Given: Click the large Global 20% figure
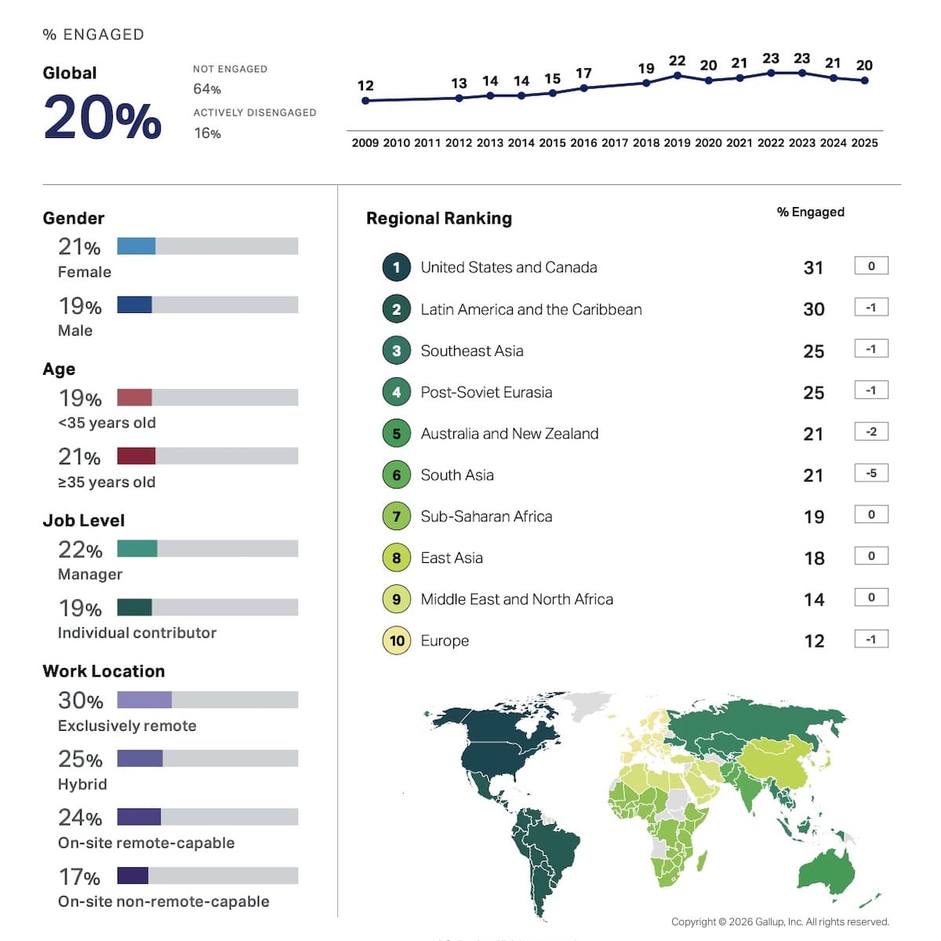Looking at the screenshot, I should (x=103, y=118).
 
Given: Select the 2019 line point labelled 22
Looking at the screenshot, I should (x=678, y=75).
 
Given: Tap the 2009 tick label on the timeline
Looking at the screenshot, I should (x=365, y=143).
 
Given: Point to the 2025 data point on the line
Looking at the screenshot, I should (x=864, y=80).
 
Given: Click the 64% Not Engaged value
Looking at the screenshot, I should (x=207, y=89).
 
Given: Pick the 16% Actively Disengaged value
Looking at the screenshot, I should (x=207, y=133).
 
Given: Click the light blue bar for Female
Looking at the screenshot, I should (x=136, y=246).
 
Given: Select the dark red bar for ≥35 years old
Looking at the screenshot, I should (x=136, y=456).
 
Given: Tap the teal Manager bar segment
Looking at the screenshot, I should (x=137, y=548).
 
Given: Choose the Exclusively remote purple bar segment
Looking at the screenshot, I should (x=144, y=699).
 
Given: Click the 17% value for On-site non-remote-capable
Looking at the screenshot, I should (x=79, y=877).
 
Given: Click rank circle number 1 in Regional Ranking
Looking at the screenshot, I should (x=397, y=267).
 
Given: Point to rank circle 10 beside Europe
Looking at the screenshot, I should (x=397, y=641).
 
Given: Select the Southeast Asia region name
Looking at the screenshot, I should (x=472, y=351).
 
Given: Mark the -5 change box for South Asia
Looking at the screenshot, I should (x=871, y=473).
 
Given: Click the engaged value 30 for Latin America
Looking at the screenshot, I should (x=814, y=309).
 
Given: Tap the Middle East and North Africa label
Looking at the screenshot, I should (x=517, y=599).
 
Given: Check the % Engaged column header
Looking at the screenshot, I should (x=810, y=212).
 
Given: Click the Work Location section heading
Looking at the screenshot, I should (x=104, y=671).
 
